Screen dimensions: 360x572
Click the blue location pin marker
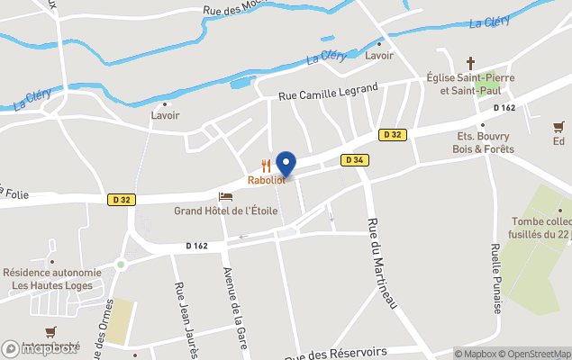pyautogui.click(x=286, y=164)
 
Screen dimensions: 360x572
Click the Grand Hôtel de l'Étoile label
pyautogui.click(x=226, y=211)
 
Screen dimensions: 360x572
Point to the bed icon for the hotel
pyautogui.click(x=225, y=196)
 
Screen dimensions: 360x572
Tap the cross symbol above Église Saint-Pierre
pyautogui.click(x=470, y=63)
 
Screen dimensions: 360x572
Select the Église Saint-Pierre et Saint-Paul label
pyautogui.click(x=470, y=85)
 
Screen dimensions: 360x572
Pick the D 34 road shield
pyautogui.click(x=354, y=160)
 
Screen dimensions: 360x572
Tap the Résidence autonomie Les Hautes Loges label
pyautogui.click(x=51, y=279)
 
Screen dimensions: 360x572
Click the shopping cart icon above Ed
pyautogui.click(x=559, y=127)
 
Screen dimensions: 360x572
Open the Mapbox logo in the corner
pyautogui.click(x=40, y=348)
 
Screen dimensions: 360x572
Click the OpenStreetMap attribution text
pyautogui.click(x=537, y=354)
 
